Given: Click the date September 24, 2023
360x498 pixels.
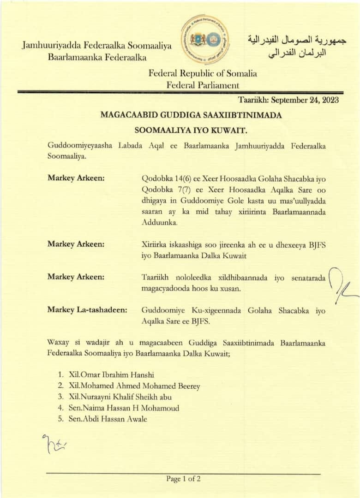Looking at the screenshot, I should pos(305,100).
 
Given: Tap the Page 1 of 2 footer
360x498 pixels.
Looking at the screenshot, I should pos(183,479).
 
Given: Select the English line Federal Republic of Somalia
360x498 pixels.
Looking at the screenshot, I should pos(203,73).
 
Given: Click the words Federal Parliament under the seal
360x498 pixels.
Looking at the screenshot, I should pos(203,85).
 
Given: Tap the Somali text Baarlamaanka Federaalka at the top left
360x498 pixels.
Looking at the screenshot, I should pos(97,58).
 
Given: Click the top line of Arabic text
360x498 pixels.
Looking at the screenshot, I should pos(297,40).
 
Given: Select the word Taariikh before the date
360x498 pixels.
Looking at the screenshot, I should pos(253,100).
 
